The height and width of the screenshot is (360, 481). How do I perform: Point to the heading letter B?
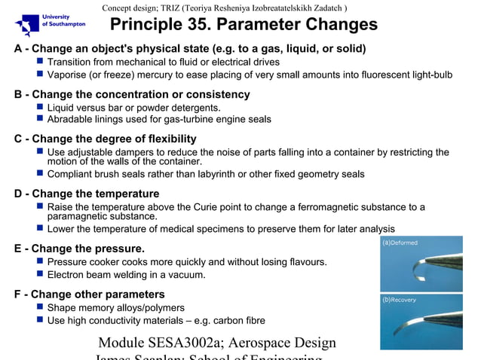(18, 95)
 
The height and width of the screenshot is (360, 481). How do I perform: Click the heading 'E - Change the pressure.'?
(79, 249)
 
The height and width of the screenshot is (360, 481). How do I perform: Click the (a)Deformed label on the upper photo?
(400, 243)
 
